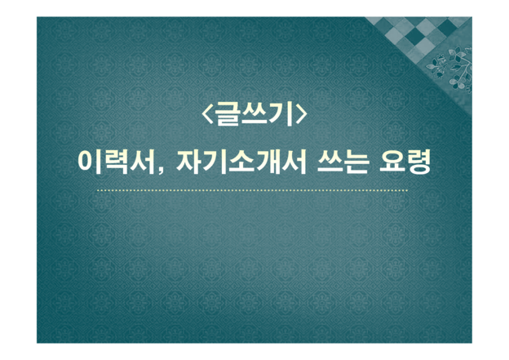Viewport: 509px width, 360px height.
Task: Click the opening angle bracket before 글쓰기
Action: point(207,114)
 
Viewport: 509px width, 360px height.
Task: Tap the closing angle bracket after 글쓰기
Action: point(301,114)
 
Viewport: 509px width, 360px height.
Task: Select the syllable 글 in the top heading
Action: point(228,113)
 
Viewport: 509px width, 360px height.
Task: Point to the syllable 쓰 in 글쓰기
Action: point(254,113)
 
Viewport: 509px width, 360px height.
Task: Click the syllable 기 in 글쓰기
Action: point(281,113)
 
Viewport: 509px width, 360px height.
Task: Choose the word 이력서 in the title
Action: point(116,162)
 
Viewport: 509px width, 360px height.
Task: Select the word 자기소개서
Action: point(241,162)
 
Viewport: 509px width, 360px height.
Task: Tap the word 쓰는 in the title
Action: point(343,162)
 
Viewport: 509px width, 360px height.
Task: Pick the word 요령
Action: point(405,162)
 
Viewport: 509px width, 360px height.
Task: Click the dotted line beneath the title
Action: point(252,190)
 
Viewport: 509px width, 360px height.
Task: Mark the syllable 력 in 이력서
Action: point(116,162)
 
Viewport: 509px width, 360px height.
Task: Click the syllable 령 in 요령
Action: point(418,162)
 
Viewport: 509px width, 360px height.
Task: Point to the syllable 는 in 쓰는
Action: point(356,162)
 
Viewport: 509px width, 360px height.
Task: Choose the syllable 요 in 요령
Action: point(392,162)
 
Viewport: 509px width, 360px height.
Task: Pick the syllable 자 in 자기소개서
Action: point(189,162)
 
